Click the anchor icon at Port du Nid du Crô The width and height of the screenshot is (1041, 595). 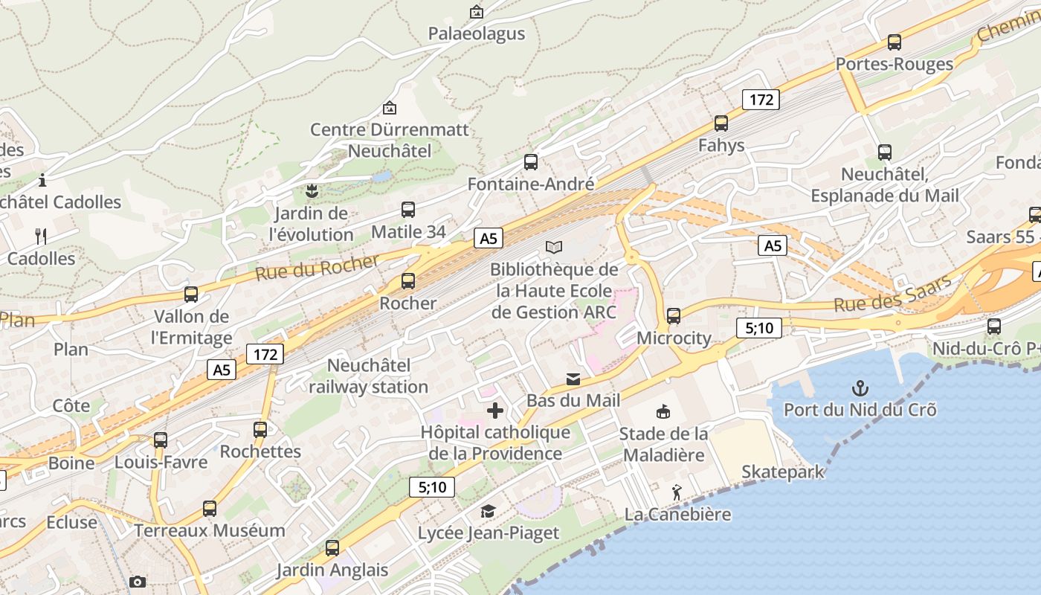[x=860, y=388]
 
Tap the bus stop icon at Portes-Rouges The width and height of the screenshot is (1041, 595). [x=895, y=42]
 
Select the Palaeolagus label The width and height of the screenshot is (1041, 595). [x=476, y=33]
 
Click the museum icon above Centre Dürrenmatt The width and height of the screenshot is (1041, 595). [x=389, y=109]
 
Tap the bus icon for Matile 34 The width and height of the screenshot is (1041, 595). [x=408, y=210]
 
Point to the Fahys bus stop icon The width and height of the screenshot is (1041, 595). [x=721, y=123]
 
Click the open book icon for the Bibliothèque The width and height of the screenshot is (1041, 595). [x=554, y=247]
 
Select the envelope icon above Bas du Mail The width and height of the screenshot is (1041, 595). [x=573, y=379]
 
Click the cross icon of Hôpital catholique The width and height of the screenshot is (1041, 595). [x=495, y=411]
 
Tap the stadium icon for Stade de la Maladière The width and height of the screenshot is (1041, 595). [x=663, y=412]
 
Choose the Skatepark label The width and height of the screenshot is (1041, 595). [x=783, y=472]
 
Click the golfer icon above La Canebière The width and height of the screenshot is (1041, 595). [x=677, y=492]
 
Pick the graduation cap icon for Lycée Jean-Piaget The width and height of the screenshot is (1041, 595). [x=488, y=512]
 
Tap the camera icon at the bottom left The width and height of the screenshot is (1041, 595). [x=138, y=582]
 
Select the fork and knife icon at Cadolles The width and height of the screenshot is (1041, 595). [x=41, y=237]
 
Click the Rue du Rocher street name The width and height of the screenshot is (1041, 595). [x=318, y=267]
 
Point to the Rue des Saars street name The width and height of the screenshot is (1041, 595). [x=892, y=294]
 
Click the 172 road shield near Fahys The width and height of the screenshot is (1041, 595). [x=761, y=100]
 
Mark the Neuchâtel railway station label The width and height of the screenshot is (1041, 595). [x=369, y=376]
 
